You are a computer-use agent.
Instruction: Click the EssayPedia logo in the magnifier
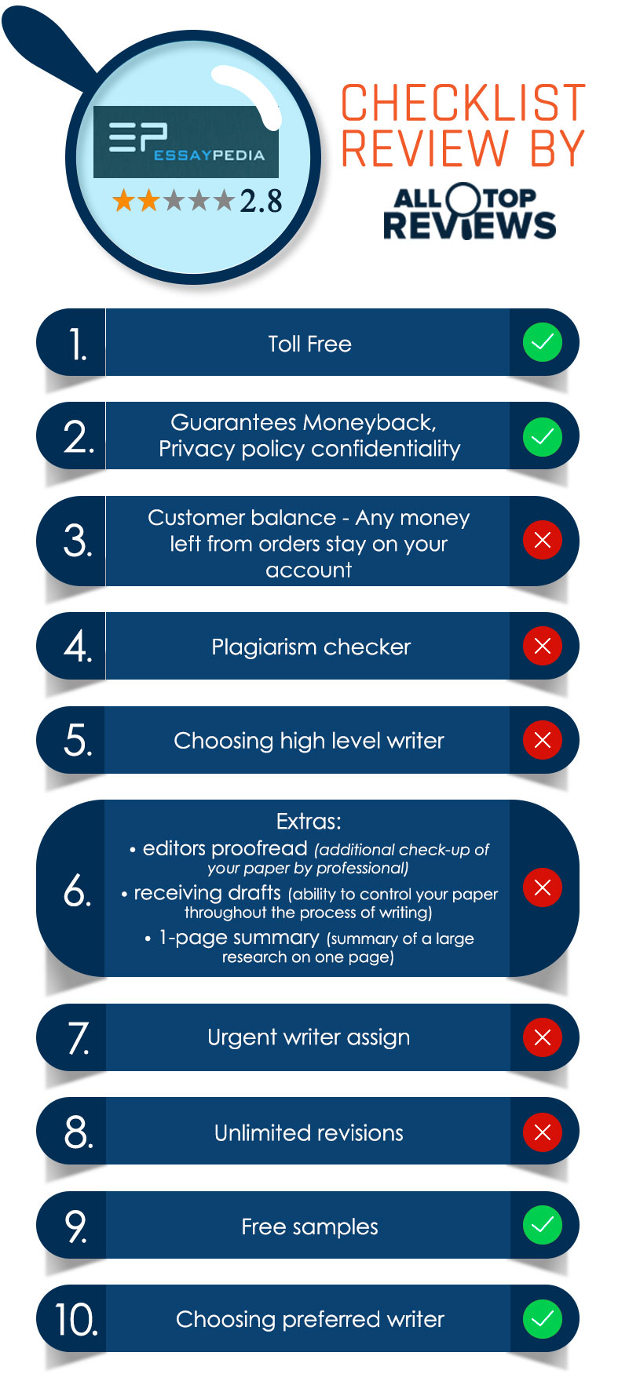pyautogui.click(x=186, y=142)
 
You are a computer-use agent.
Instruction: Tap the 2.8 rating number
pyautogui.click(x=261, y=202)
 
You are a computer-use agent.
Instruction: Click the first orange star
pyautogui.click(x=123, y=201)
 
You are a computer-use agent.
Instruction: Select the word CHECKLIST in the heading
pyautogui.click(x=463, y=103)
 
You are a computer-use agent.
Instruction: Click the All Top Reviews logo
pyautogui.click(x=469, y=212)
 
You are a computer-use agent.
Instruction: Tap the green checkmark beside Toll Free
pyautogui.click(x=543, y=343)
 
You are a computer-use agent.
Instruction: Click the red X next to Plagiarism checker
pyautogui.click(x=543, y=646)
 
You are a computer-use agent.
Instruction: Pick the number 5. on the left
pyautogui.click(x=78, y=741)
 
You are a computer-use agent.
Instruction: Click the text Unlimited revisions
pyautogui.click(x=309, y=1132)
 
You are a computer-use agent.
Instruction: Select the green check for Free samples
pyautogui.click(x=543, y=1225)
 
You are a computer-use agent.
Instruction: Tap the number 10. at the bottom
pyautogui.click(x=76, y=1319)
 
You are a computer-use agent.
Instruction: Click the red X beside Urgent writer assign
pyautogui.click(x=543, y=1037)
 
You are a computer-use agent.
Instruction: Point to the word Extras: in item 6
pyautogui.click(x=309, y=822)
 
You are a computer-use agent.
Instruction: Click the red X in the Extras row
pyautogui.click(x=543, y=888)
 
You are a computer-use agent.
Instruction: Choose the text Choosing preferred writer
pyautogui.click(x=310, y=1320)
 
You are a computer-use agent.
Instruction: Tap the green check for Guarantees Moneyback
pyautogui.click(x=543, y=436)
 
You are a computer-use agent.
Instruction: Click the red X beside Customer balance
pyautogui.click(x=543, y=540)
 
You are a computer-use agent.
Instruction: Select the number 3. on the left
pyautogui.click(x=78, y=541)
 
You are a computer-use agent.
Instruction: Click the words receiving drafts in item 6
pyautogui.click(x=207, y=893)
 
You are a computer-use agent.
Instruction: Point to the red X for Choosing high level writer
pyautogui.click(x=543, y=740)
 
